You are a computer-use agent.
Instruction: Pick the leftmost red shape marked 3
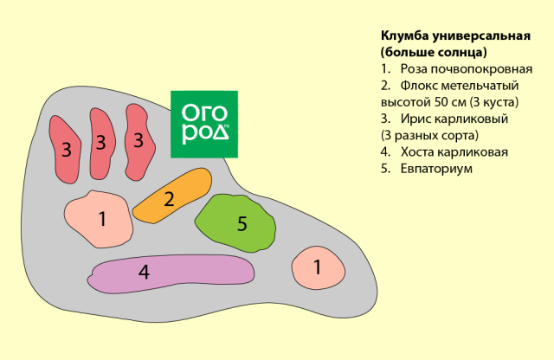[66, 149]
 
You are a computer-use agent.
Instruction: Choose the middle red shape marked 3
[100, 143]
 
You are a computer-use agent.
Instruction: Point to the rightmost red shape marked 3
[137, 141]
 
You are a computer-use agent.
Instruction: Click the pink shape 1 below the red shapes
[100, 218]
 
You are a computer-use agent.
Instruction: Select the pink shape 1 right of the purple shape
[316, 267]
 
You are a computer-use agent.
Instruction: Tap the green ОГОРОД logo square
[204, 123]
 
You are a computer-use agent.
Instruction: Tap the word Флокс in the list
[422, 86]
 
